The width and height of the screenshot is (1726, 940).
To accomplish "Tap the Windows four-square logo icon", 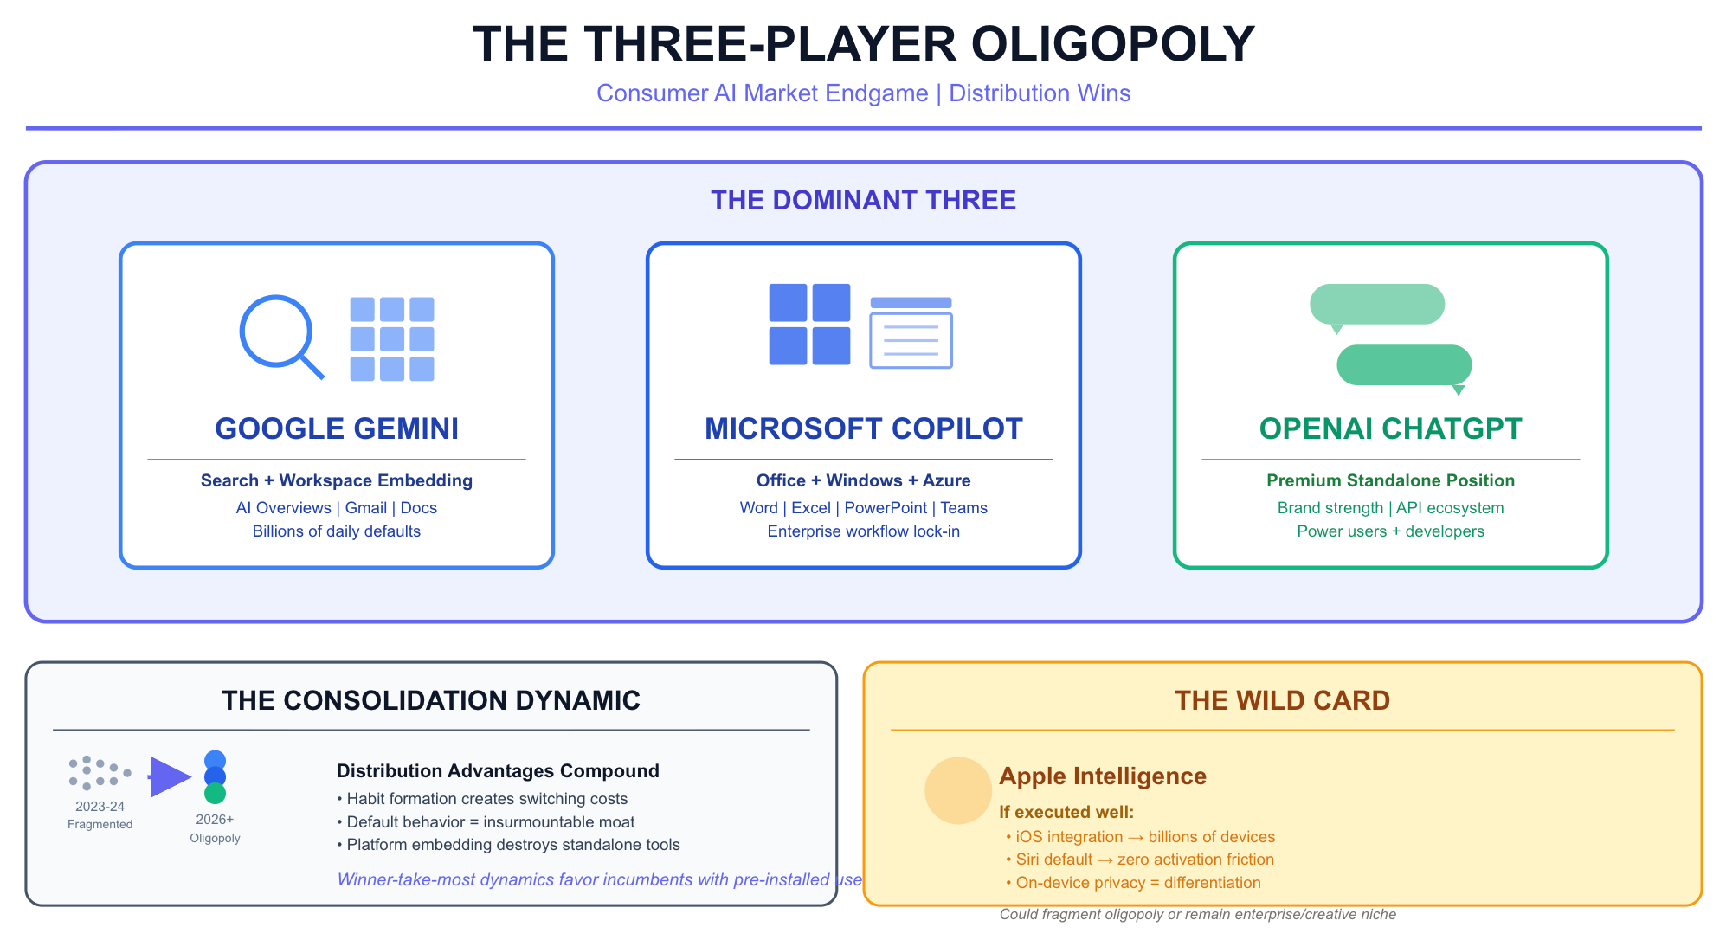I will [809, 324].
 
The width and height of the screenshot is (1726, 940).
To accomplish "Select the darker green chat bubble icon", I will [1404, 365].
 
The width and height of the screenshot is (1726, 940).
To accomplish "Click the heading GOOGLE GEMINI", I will [337, 428].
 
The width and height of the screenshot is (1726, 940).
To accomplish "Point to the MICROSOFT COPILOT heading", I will [863, 428].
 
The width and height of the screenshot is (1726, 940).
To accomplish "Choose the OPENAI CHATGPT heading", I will [1390, 428].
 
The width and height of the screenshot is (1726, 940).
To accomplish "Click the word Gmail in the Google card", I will [366, 508].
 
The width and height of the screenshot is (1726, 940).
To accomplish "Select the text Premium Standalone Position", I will [1390, 480].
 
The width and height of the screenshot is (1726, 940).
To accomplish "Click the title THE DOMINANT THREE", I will [863, 200].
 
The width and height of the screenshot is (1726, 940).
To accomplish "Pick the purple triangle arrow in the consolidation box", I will [170, 776].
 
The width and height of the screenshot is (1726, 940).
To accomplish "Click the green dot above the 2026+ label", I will [215, 793].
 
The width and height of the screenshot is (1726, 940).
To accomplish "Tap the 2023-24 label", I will [100, 806].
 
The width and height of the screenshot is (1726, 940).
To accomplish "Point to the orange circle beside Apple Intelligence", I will [957, 790].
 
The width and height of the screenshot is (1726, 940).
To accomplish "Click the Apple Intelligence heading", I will [1102, 776].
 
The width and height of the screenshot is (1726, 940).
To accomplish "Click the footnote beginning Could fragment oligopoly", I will [1197, 915].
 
